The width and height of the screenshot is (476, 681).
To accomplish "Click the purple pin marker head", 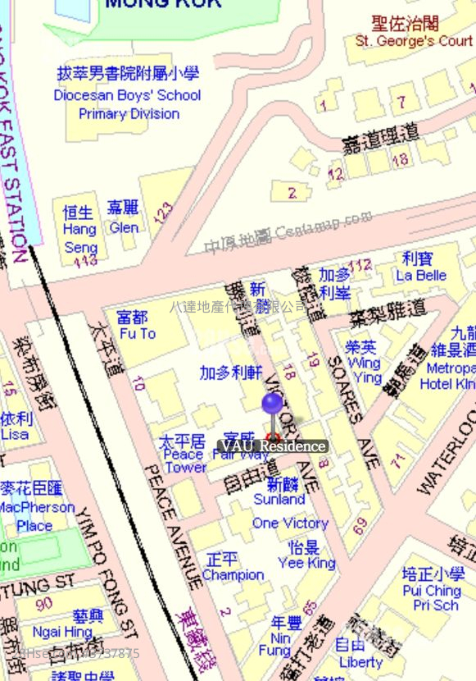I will point(273,403).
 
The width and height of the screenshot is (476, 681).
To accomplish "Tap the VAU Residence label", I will point(273,446).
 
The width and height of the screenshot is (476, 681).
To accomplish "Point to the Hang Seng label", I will point(80,230).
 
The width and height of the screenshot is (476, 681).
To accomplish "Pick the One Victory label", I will point(290,523).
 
